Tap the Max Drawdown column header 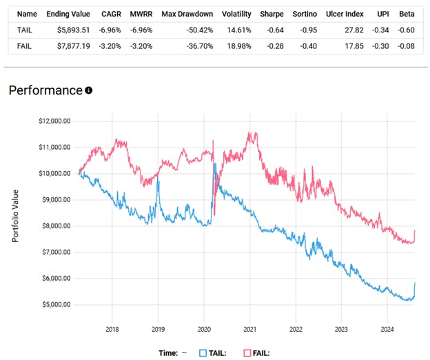tap(187, 13)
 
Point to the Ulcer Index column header tap(344, 13)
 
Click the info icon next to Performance tap(88, 91)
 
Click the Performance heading tap(45, 90)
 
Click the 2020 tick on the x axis tap(204, 329)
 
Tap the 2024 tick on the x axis tap(387, 329)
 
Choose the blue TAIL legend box tap(203, 352)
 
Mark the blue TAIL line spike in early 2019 tap(158, 181)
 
